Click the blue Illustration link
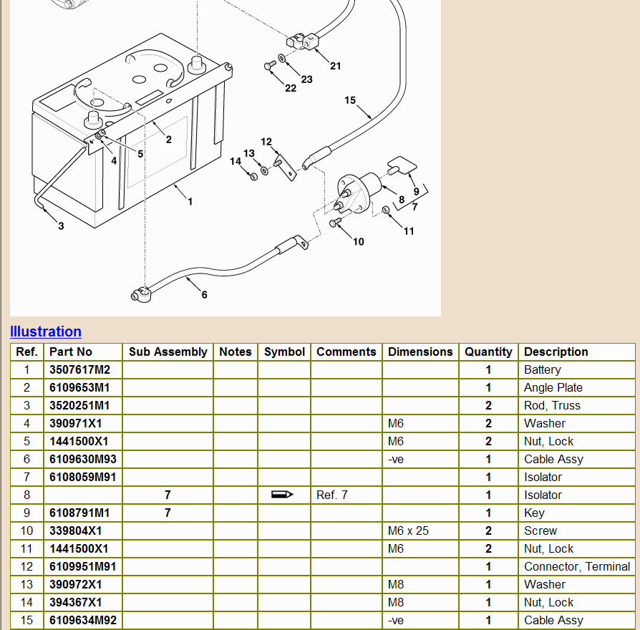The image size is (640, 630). pos(46,331)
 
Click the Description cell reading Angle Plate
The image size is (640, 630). pos(553,388)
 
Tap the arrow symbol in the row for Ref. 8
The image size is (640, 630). pos(283,495)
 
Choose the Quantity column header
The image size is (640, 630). pos(488,352)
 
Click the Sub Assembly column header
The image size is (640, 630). pos(168,352)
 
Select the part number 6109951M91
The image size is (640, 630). pos(83,567)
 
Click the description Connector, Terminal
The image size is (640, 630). pos(576,567)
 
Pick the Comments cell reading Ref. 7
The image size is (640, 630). pos(332,495)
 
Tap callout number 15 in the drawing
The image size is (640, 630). pos(350,100)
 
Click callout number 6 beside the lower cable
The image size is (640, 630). pos(204,295)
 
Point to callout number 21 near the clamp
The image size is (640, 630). pos(336,66)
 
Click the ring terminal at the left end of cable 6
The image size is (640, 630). pos(140,294)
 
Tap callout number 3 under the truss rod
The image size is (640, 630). pos(61,226)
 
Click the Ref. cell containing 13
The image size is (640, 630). pos(27,585)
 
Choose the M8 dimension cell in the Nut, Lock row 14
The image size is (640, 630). pos(395,603)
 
